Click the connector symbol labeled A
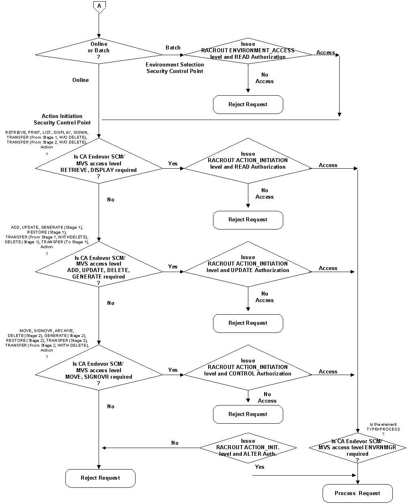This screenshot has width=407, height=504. click(99, 6)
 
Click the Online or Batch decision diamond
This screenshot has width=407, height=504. click(99, 51)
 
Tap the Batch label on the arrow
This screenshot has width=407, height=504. click(173, 47)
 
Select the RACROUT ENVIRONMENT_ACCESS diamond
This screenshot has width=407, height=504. click(248, 51)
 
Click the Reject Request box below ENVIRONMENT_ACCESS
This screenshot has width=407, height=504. click(248, 105)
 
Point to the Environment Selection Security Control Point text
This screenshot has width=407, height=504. click(175, 68)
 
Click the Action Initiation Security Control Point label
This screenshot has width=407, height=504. click(62, 119)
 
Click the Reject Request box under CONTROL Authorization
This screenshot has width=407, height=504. click(248, 414)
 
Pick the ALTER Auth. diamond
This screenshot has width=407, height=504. click(248, 448)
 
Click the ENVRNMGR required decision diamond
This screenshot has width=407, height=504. click(357, 448)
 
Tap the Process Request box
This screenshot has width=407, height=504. click(357, 493)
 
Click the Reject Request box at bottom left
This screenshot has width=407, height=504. click(100, 478)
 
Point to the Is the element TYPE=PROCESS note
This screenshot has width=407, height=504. click(383, 429)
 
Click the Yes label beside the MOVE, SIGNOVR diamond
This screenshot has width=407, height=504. click(173, 370)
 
